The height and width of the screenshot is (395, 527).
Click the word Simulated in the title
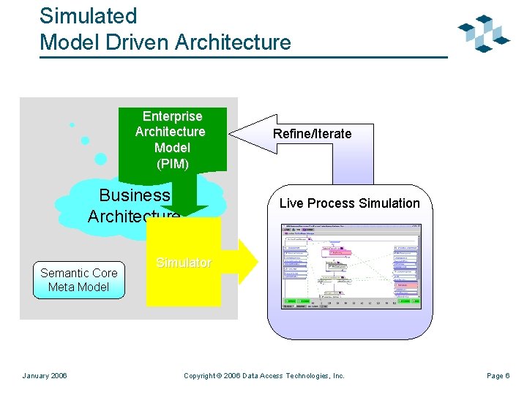(x=88, y=16)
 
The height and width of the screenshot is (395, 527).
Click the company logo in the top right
(x=483, y=33)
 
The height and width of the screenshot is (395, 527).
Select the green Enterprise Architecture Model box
(x=173, y=139)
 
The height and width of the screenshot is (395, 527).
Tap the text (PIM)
(x=173, y=164)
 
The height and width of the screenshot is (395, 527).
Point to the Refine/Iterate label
(x=312, y=134)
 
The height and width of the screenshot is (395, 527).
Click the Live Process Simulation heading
(x=349, y=203)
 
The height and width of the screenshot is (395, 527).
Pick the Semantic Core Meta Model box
(x=78, y=280)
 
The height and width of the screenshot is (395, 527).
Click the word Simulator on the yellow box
(x=183, y=263)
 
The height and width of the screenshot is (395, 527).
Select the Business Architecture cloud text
(x=133, y=206)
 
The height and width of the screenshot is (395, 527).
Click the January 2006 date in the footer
(x=45, y=376)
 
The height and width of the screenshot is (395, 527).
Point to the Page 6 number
(x=498, y=376)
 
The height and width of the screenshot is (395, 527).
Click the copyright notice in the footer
(x=263, y=376)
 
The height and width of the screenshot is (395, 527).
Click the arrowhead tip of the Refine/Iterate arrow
(x=232, y=134)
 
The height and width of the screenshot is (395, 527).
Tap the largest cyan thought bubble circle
(x=101, y=159)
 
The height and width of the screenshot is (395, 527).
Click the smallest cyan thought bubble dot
(x=72, y=125)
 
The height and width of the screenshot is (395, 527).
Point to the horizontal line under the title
(x=242, y=57)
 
